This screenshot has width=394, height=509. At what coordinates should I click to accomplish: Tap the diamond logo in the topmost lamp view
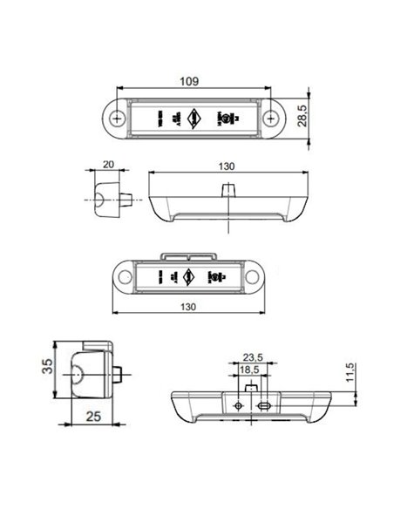[x=194, y=115]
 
